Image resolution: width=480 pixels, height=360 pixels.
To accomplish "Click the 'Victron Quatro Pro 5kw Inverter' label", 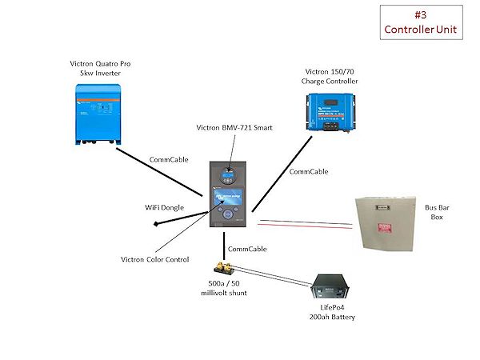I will coord(100,68).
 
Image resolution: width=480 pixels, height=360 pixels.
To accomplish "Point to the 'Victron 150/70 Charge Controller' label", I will coord(329,76).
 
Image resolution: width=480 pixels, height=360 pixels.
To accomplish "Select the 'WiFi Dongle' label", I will coord(164,207).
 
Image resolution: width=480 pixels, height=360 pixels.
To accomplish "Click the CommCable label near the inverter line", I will coord(169,160).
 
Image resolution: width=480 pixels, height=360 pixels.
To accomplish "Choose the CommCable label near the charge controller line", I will coord(308,171).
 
